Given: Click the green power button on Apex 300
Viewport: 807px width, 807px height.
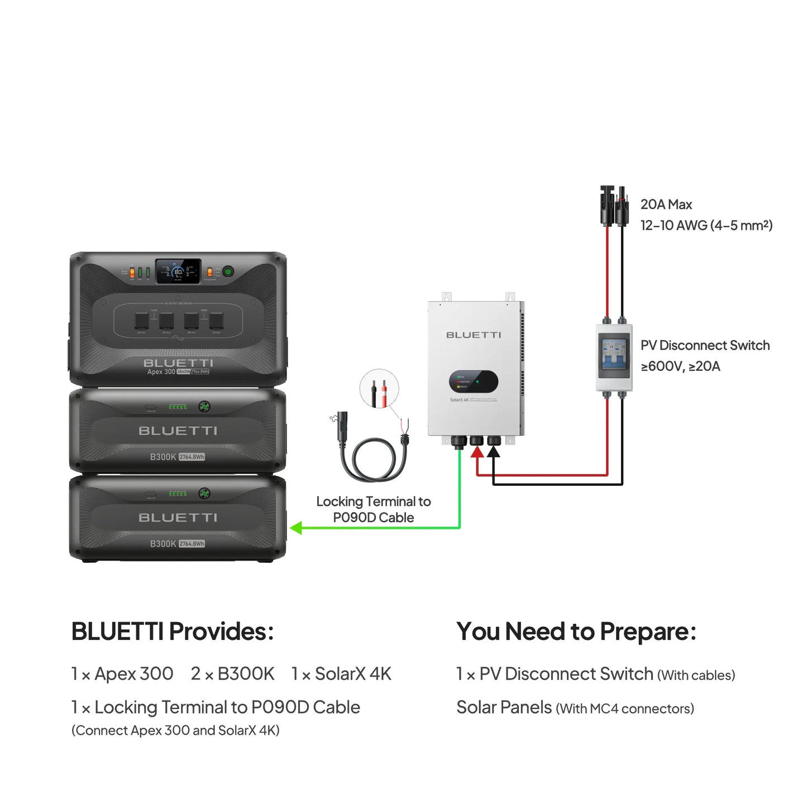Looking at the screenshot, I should tap(228, 271).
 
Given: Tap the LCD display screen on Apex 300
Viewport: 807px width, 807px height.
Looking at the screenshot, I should tap(178, 271).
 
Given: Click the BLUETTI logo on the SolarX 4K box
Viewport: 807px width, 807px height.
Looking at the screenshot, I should tap(474, 335).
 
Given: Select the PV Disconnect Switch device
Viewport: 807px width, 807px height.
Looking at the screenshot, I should tap(614, 357).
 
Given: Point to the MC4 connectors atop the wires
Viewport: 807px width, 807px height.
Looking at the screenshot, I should tap(614, 206).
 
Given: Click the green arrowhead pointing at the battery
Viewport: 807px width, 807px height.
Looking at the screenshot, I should tap(297, 528).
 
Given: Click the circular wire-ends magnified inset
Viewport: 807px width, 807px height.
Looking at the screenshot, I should tap(379, 389).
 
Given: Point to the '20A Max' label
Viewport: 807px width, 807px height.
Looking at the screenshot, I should tap(666, 204).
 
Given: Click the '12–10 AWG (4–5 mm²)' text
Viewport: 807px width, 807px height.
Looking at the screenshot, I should tap(706, 225).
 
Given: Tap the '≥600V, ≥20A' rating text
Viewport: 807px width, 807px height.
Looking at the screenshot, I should tap(680, 366).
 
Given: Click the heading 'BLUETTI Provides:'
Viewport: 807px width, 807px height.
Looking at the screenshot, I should tap(173, 632).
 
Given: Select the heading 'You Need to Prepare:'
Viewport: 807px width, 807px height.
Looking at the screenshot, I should tap(576, 632).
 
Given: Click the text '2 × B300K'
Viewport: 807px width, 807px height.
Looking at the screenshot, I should tap(232, 674).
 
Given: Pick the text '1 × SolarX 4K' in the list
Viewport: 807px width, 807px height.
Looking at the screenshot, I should tap(341, 674).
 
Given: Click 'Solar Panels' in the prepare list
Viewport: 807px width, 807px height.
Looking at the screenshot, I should tap(504, 708).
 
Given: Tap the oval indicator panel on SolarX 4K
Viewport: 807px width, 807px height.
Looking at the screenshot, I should tap(474, 382).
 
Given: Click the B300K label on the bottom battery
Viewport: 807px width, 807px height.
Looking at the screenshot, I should tap(163, 543).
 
